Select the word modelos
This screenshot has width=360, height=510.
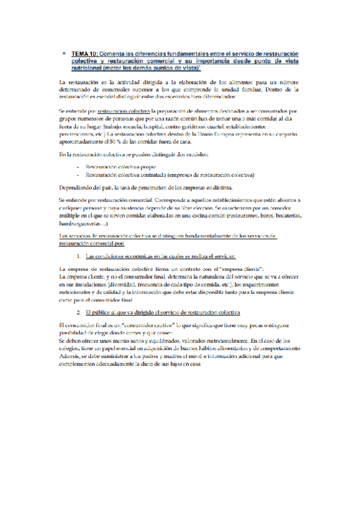tap(195, 156)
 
